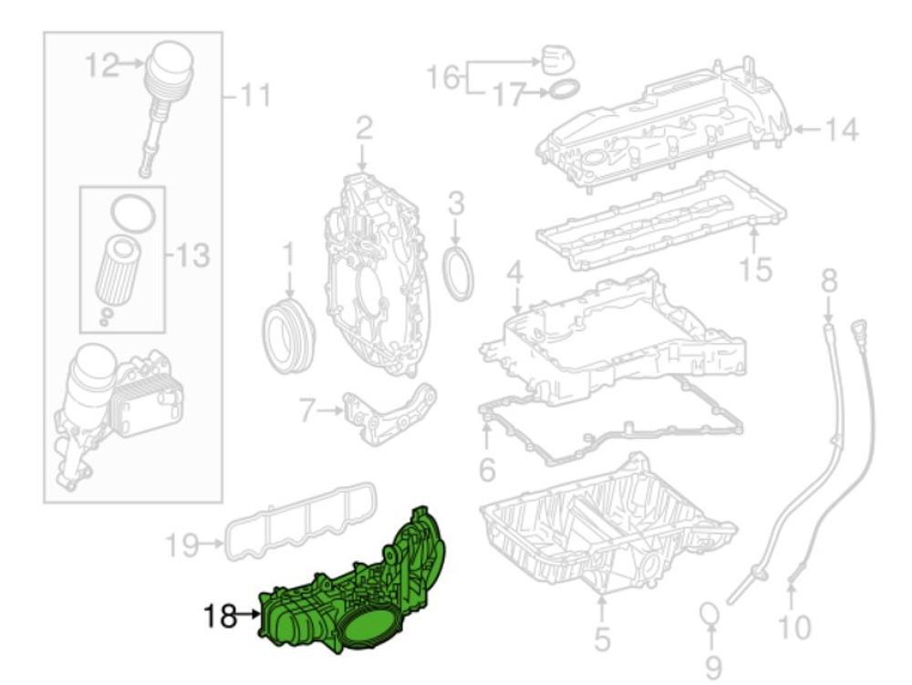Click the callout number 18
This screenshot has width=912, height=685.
tap(221, 617)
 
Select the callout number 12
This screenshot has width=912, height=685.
tap(102, 66)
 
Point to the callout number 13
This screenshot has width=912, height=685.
tap(192, 257)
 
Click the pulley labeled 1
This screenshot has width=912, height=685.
tap(287, 332)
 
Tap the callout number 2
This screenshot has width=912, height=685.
tap(364, 128)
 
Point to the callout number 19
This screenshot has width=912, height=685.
tap(182, 546)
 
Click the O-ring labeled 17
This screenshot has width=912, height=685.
tap(565, 89)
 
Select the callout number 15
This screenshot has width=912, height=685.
tap(757, 270)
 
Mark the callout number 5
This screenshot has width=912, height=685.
tap(602, 639)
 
